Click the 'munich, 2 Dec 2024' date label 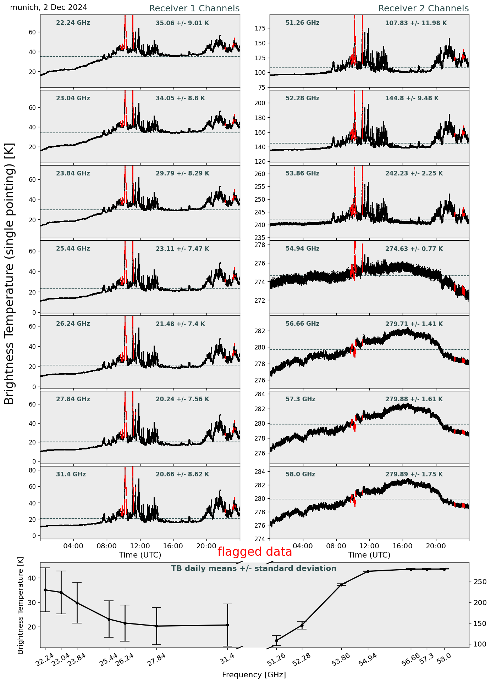pos(49,7)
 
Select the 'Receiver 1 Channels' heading pos(194,9)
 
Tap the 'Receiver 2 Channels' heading pos(424,9)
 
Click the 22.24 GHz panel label pos(73,23)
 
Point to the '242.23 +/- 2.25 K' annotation pos(414,173)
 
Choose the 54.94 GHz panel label pos(302,249)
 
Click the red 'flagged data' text pos(255,552)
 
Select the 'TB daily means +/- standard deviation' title pos(254,569)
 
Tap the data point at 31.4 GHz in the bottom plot pos(227,625)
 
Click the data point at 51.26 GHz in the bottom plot pos(276,640)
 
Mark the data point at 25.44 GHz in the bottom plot pos(109,619)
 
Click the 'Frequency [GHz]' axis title pos(254,674)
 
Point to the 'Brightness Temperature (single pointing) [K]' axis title pos(9,274)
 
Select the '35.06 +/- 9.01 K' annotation pos(182,23)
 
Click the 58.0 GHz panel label pos(300,474)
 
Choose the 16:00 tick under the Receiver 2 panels pos(403,546)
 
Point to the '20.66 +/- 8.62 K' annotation pos(182,474)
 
